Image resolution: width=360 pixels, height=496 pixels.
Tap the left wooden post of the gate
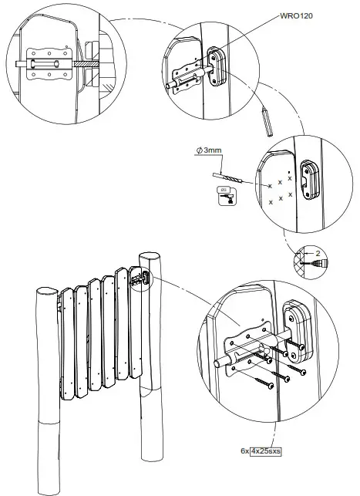pos(45,386)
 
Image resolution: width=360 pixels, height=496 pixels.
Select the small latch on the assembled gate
pos(139,277)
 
